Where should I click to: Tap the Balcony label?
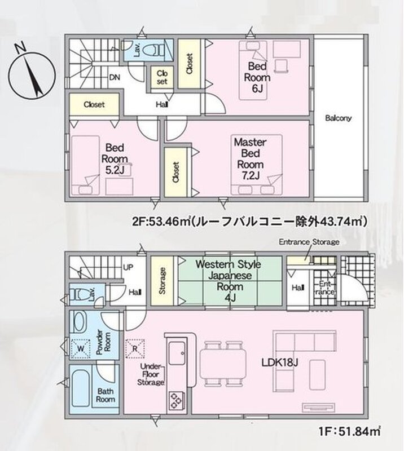tap(339, 118)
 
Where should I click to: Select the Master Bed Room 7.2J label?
tap(250, 159)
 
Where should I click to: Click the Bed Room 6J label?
tap(257, 77)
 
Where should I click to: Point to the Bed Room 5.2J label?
tap(115, 159)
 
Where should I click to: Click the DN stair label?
tap(115, 77)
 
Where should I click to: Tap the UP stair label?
tap(128, 267)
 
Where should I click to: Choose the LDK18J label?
tap(280, 362)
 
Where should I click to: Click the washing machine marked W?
tap(81, 349)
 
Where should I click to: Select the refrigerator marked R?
tap(135, 348)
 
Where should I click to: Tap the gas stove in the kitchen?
tap(177, 400)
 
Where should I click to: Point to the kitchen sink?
tap(177, 353)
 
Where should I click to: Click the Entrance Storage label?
tap(309, 242)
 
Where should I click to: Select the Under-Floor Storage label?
tap(151, 374)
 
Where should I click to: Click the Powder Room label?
tap(104, 342)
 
